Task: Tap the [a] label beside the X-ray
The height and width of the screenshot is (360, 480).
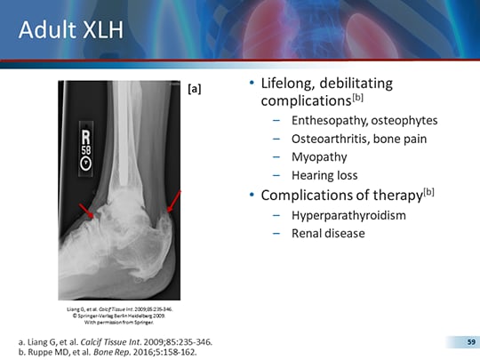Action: pos(195,89)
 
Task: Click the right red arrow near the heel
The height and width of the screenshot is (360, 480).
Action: pos(172,202)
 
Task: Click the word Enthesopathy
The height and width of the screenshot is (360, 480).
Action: pos(328,120)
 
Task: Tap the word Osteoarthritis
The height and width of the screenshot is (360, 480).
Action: pos(329,139)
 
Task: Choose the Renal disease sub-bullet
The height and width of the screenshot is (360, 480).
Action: pos(328,235)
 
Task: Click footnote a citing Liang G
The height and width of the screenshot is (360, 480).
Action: pos(115,341)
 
